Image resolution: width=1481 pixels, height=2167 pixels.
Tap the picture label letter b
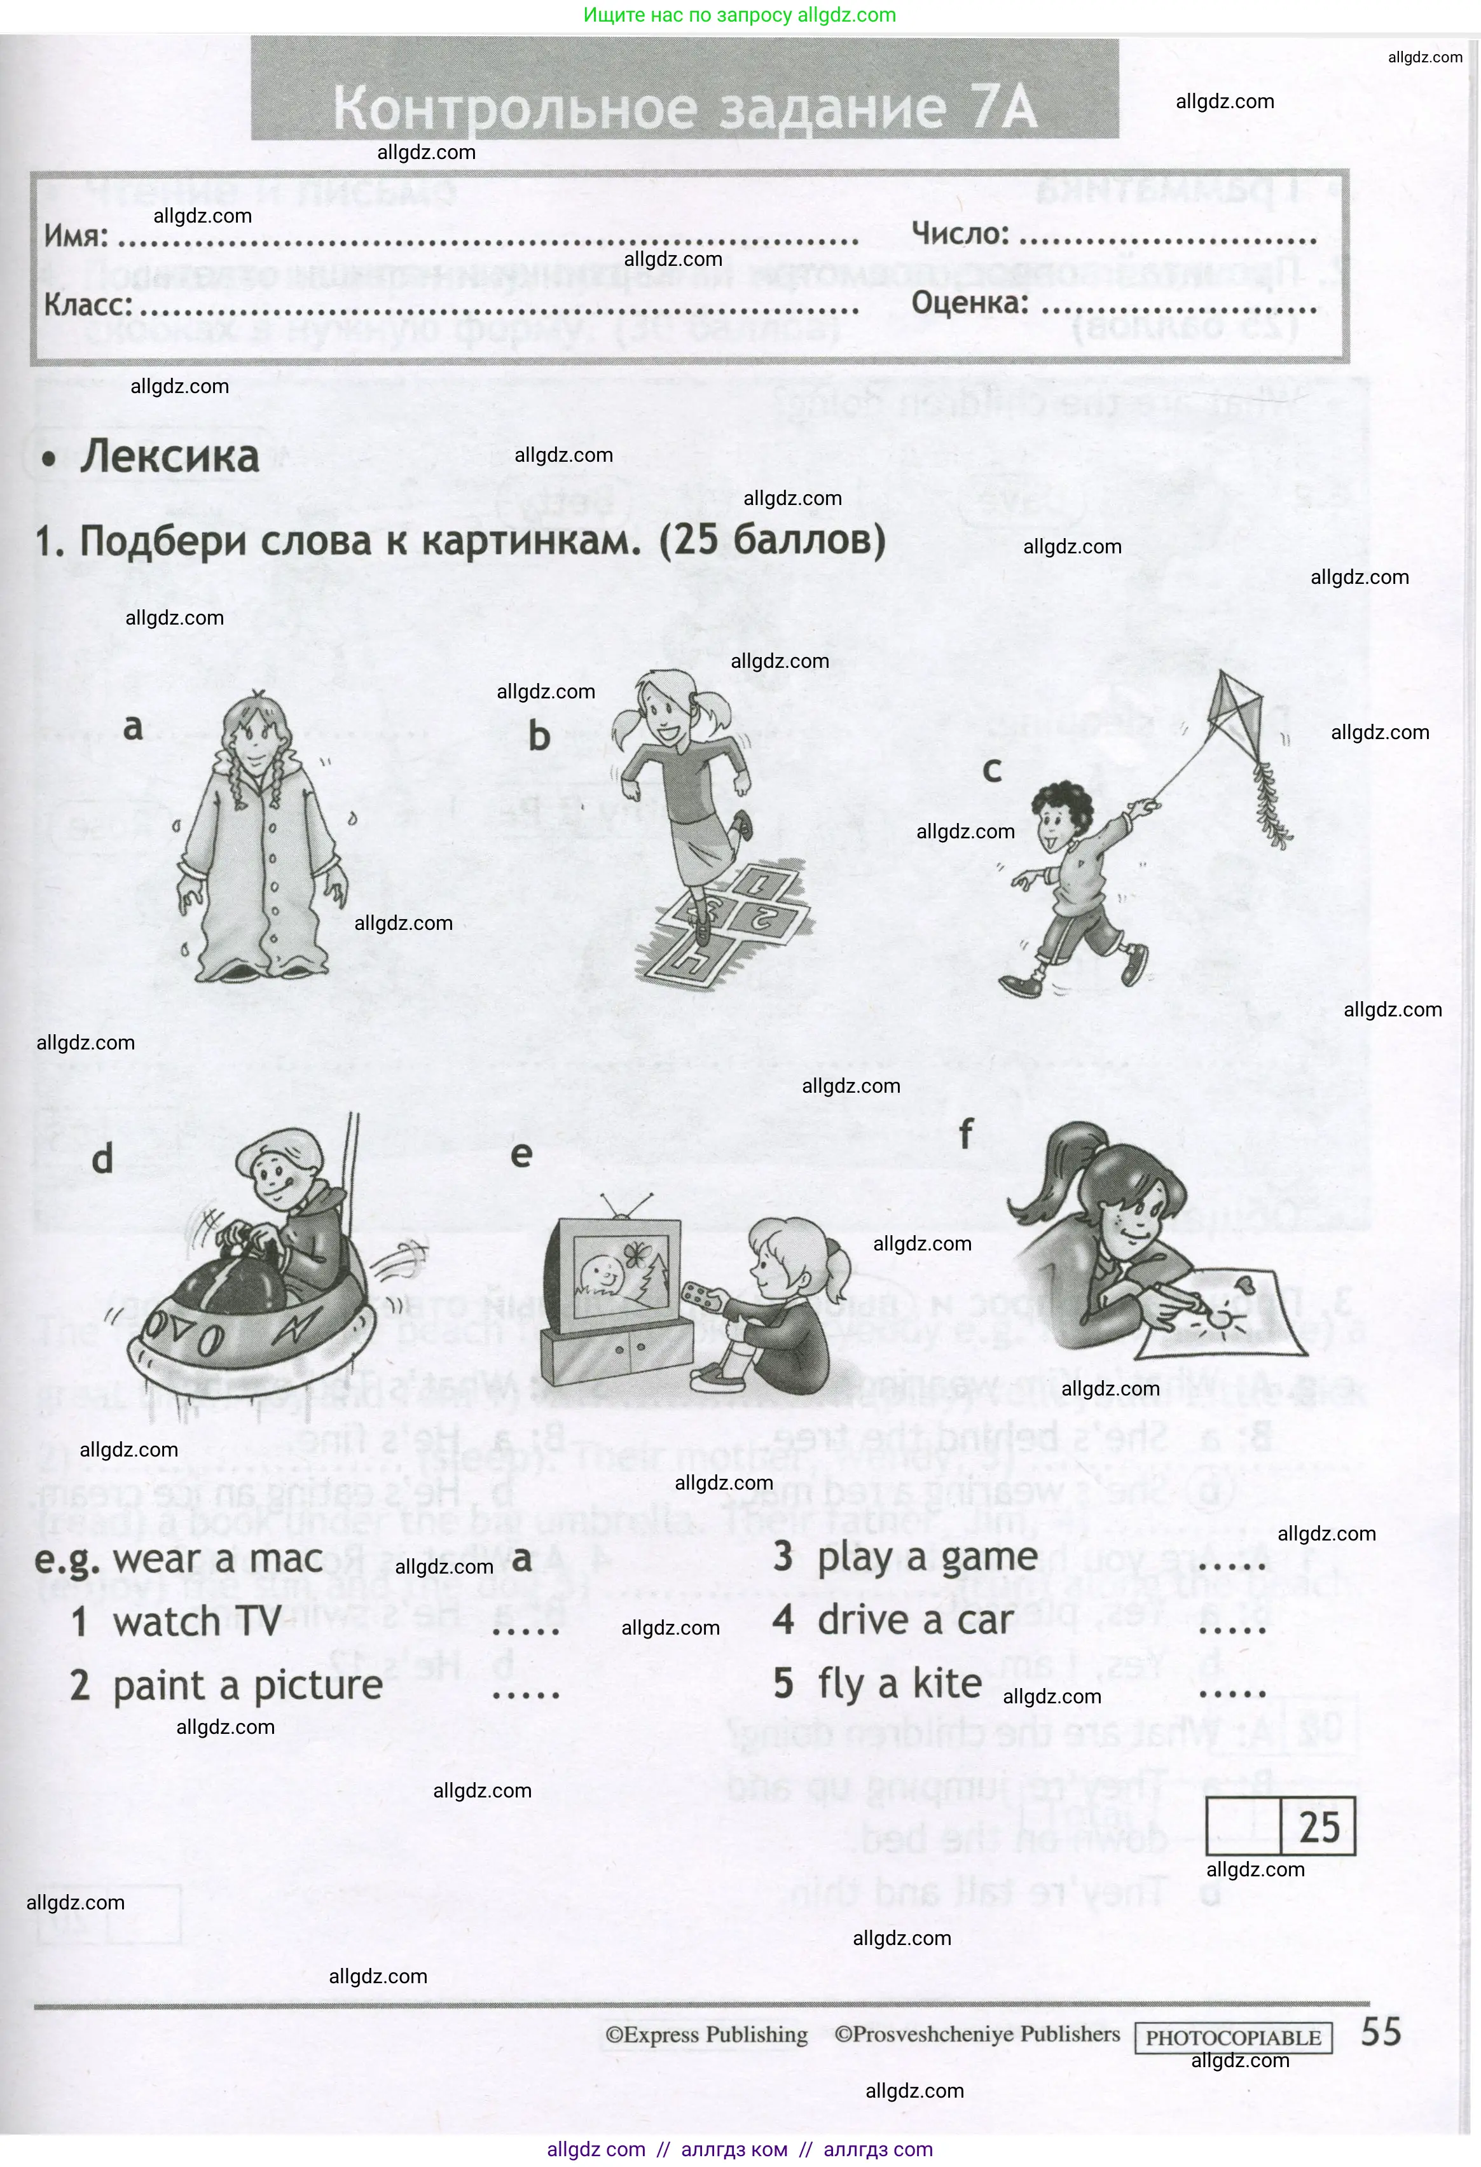539,737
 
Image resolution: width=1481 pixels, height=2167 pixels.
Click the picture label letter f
965,1135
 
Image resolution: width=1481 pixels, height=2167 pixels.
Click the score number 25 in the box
1319,1827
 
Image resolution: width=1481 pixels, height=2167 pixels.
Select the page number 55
1381,2032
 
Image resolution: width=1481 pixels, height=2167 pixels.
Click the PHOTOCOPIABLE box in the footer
1233,2037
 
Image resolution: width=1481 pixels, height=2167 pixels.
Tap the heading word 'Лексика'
170,457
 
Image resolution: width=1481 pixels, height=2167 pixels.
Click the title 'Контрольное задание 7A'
685,107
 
